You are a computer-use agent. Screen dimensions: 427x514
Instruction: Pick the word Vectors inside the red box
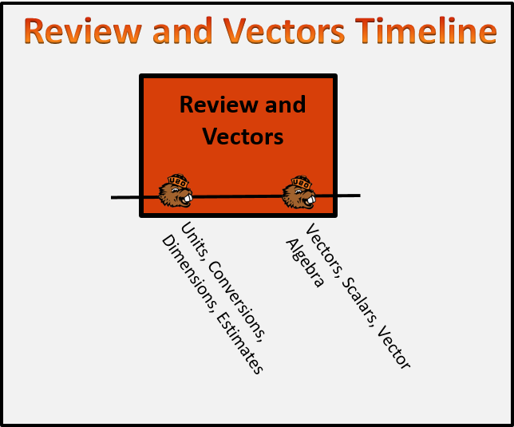tap(243, 136)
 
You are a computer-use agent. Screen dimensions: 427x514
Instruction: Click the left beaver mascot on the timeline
tap(176, 192)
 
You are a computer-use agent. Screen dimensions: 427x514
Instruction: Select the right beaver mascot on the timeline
tap(299, 192)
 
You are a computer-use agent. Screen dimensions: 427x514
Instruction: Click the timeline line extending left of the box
tap(125, 197)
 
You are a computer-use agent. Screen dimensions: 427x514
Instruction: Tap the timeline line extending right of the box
tap(349, 196)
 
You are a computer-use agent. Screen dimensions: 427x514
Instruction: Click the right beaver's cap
tap(300, 182)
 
